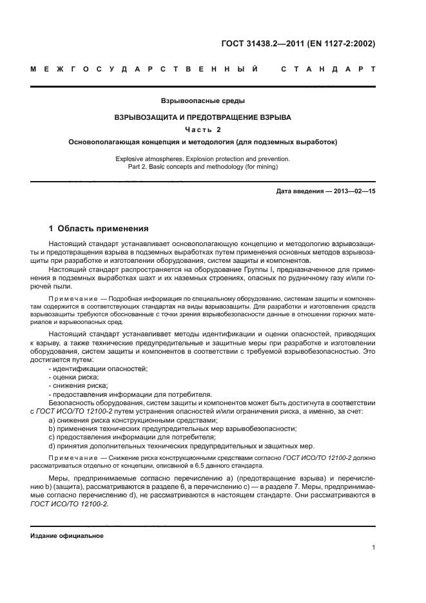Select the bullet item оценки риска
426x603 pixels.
(x=73, y=376)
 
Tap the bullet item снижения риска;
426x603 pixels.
(x=76, y=385)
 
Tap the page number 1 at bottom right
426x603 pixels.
(x=374, y=548)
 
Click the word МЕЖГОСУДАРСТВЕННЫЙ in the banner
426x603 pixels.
(x=144, y=68)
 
